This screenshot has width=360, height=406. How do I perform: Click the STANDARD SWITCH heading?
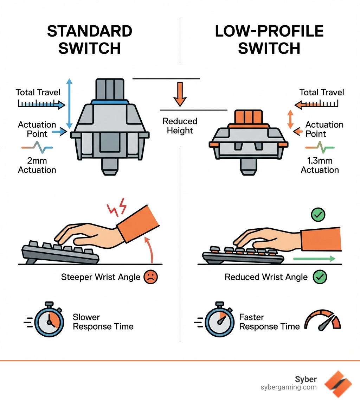click(x=90, y=40)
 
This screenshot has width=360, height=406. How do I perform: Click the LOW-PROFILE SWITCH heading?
click(x=269, y=40)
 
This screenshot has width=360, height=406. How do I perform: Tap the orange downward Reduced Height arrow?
click(x=180, y=94)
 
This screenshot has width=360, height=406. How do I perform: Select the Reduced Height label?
click(x=180, y=126)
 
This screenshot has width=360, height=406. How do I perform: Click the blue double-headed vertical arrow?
click(x=70, y=104)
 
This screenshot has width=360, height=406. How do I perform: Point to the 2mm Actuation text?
click(x=37, y=165)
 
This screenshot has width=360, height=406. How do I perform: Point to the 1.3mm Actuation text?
click(x=320, y=165)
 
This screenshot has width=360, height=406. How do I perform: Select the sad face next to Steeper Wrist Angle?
click(x=151, y=277)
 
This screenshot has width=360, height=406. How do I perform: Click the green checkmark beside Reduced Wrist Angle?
click(x=320, y=277)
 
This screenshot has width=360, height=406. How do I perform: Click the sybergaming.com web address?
click(x=288, y=387)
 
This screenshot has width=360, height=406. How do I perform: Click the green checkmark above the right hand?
click(x=319, y=214)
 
